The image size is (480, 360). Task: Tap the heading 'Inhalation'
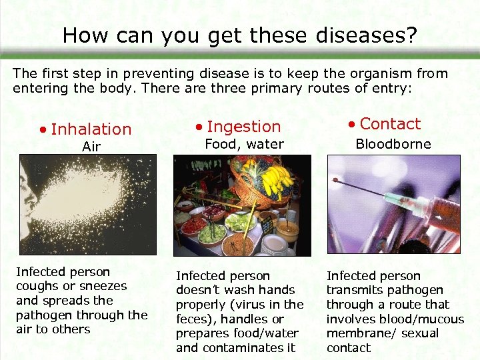(91, 129)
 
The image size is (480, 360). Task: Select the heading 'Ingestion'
(243, 127)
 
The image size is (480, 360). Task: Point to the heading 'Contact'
(390, 124)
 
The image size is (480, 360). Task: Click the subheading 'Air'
(91, 147)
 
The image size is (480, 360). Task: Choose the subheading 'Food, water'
(244, 144)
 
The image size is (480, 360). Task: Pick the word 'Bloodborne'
(393, 144)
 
